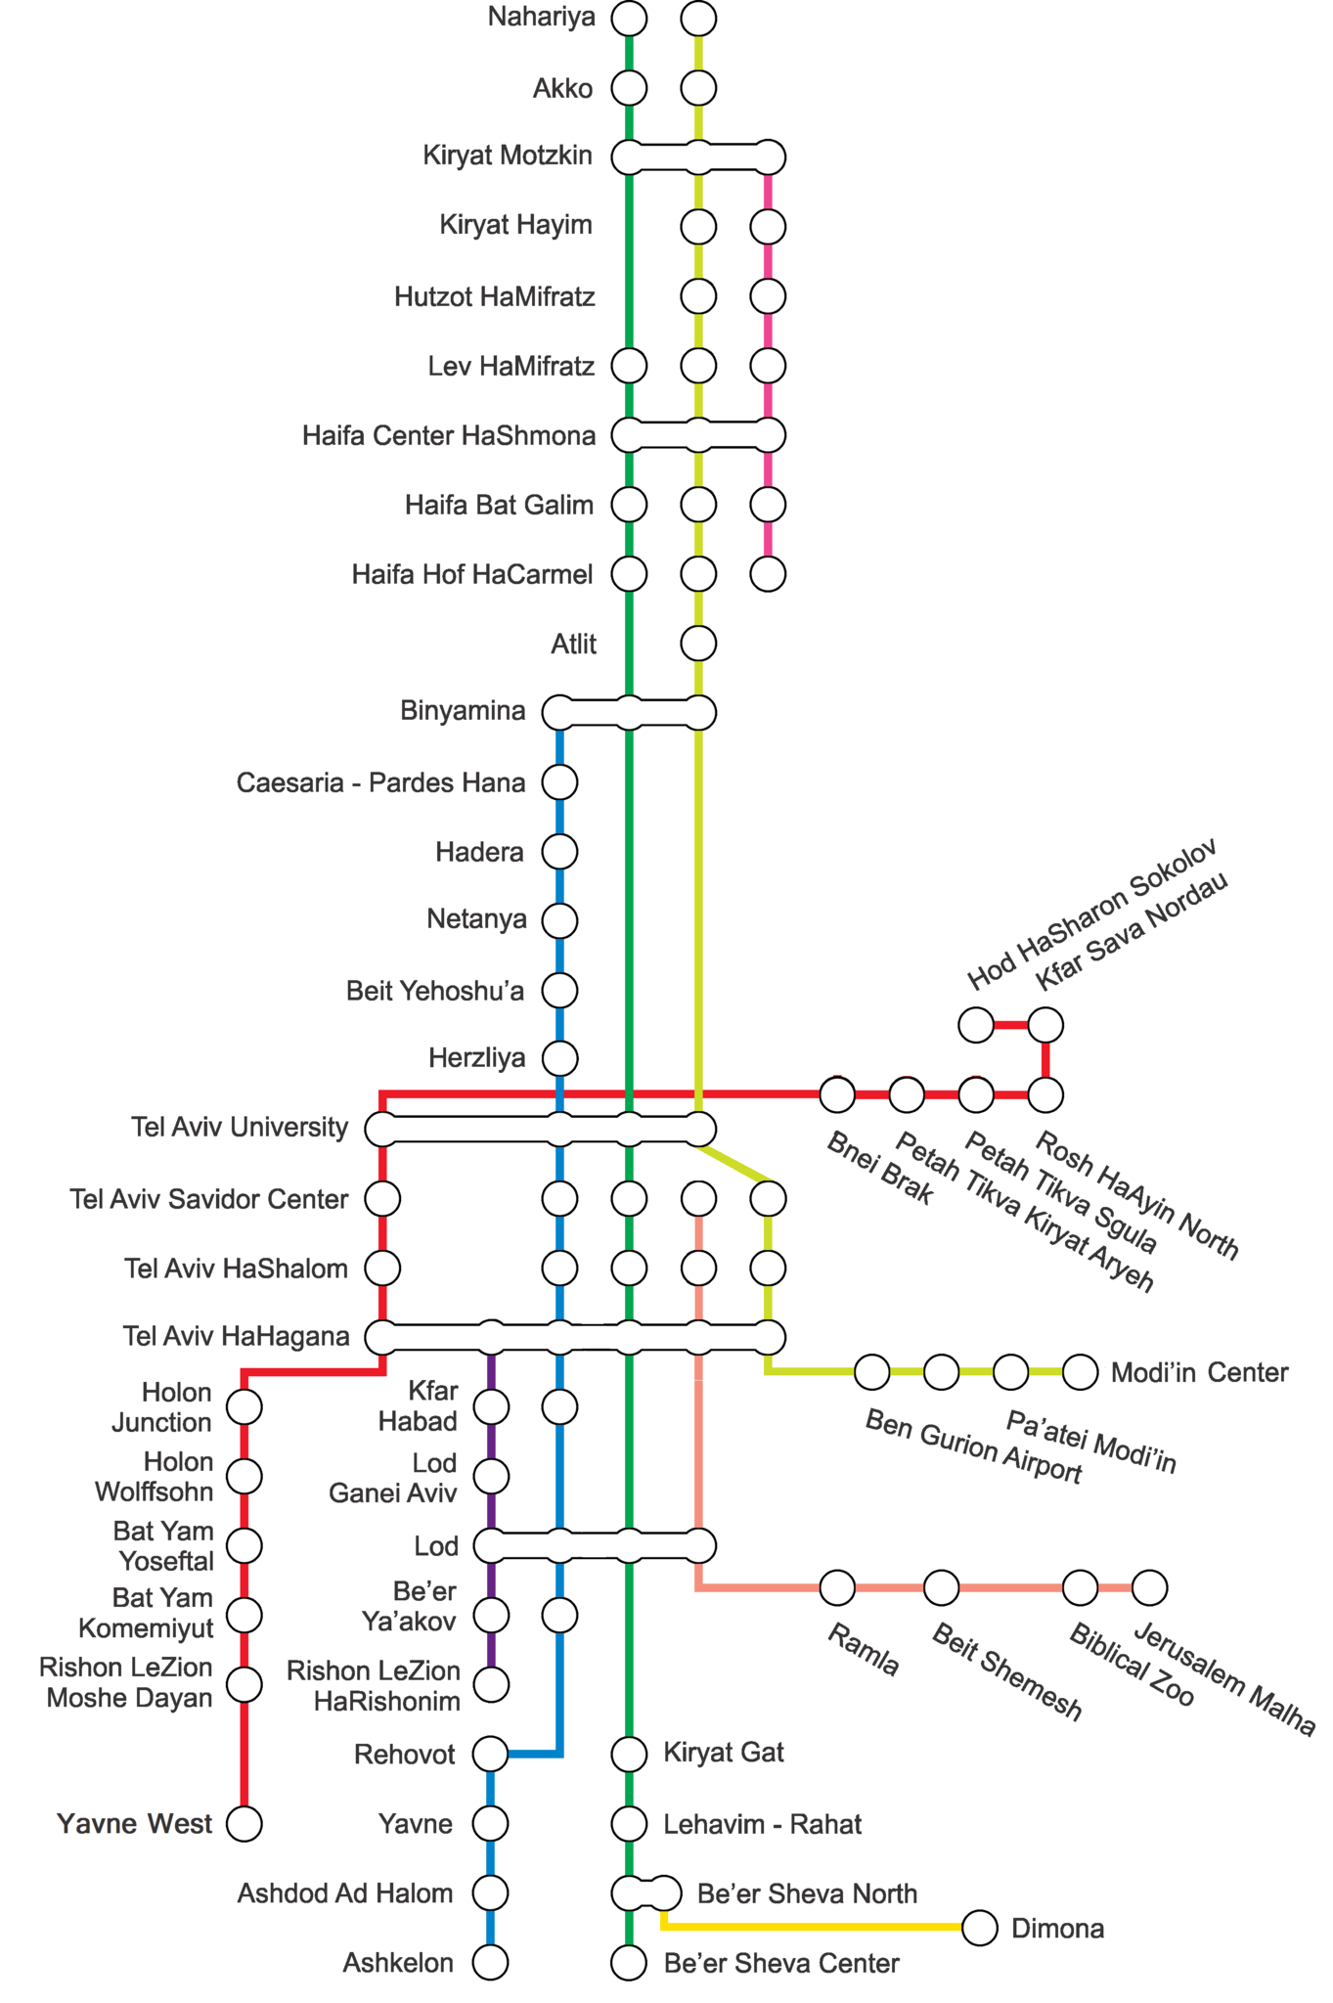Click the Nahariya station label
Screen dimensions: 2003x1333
541,18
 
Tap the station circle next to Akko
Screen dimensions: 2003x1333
629,88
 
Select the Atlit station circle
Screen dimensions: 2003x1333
698,644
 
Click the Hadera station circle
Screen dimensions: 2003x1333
559,852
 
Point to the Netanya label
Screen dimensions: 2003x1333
476,920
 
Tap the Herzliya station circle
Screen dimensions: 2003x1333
559,1058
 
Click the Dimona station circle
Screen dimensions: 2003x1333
980,1928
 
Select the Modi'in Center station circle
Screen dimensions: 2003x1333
1080,1372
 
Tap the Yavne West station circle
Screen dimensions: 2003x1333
244,1824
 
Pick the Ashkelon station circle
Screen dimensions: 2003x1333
490,1962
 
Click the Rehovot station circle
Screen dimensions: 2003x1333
490,1755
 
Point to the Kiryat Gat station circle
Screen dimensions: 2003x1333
629,1755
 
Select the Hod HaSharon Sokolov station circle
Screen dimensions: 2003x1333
976,1025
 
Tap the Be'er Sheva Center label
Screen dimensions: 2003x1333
781,1963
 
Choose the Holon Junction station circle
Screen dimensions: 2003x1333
244,1407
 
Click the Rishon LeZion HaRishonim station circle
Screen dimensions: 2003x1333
490,1684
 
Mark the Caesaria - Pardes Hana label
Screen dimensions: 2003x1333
380,783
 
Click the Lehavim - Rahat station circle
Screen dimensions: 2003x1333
629,1824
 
